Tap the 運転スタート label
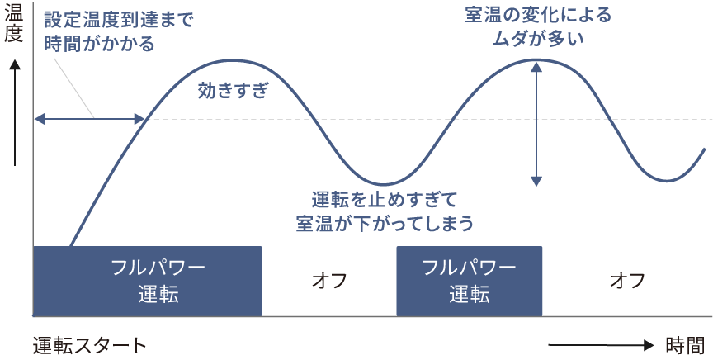90,345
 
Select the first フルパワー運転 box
148,281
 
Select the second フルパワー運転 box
469,281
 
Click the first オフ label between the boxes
328,281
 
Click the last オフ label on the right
626,281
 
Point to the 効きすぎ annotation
234,92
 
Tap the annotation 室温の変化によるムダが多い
537,26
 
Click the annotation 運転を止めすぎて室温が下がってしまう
385,211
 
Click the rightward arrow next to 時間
600,345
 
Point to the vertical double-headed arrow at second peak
537,124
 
